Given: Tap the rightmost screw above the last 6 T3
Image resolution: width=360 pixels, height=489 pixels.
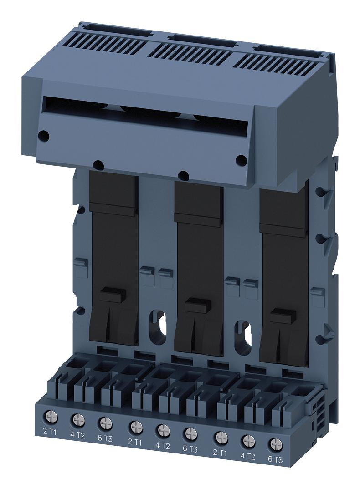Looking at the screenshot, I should [x=274, y=444].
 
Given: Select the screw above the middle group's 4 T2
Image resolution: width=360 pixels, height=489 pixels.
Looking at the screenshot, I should [x=163, y=429].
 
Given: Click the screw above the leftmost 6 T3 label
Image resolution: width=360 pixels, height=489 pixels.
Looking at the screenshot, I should [x=104, y=422].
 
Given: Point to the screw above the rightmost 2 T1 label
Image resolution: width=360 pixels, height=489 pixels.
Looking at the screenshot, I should [x=221, y=437].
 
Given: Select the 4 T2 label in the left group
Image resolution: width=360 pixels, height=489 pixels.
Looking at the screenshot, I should [x=77, y=435].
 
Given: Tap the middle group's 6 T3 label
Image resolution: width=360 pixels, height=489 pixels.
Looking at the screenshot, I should [x=190, y=449].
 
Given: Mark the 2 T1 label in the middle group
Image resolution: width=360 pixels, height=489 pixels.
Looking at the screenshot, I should [x=135, y=442].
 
